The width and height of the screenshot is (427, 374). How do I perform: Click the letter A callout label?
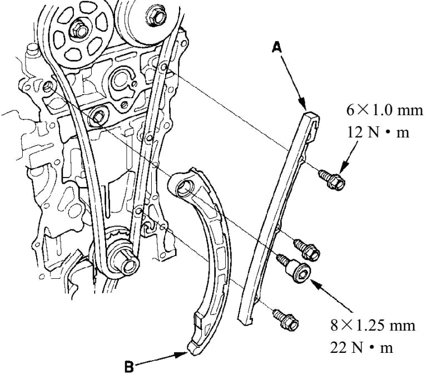tap(277, 47)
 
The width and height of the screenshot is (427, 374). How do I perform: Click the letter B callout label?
tap(129, 366)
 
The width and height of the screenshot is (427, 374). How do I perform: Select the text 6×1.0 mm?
tap(385, 111)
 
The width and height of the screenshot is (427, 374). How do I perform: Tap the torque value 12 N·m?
tap(378, 132)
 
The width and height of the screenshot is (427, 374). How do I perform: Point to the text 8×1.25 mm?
tap(373, 326)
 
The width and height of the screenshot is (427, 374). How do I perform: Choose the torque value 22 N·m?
tap(361, 347)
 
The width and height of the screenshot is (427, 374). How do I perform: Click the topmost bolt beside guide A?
tap(332, 179)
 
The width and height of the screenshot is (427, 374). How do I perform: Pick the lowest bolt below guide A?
tap(286, 318)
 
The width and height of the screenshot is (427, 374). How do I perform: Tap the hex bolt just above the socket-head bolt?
tap(306, 249)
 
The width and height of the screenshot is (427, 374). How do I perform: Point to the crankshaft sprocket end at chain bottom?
tap(128, 265)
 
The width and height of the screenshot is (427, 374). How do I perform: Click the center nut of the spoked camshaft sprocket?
tap(79, 31)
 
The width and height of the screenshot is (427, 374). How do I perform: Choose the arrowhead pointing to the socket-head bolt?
tap(316, 283)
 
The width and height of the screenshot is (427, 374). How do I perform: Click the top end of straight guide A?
tap(312, 114)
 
